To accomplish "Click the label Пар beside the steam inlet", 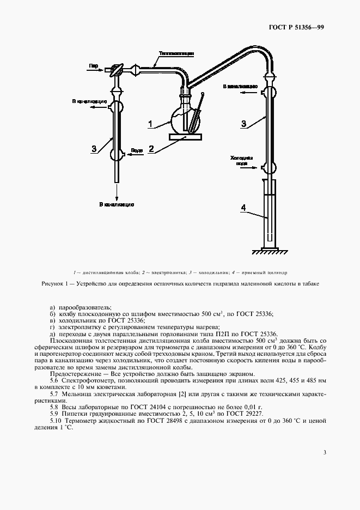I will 93,65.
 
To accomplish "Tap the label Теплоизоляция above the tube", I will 173,53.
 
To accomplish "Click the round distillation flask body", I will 181,120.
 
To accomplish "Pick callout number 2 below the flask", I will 152,148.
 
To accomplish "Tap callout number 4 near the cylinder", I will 244,207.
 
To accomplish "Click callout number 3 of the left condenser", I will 94,148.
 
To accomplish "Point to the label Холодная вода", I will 242,160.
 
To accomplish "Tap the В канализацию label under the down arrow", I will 117,204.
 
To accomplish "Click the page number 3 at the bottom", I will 325,452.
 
